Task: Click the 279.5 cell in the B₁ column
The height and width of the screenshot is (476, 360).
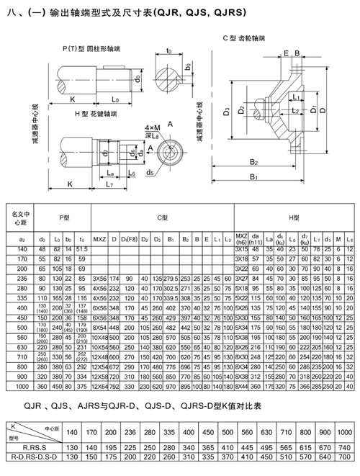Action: [171, 277]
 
